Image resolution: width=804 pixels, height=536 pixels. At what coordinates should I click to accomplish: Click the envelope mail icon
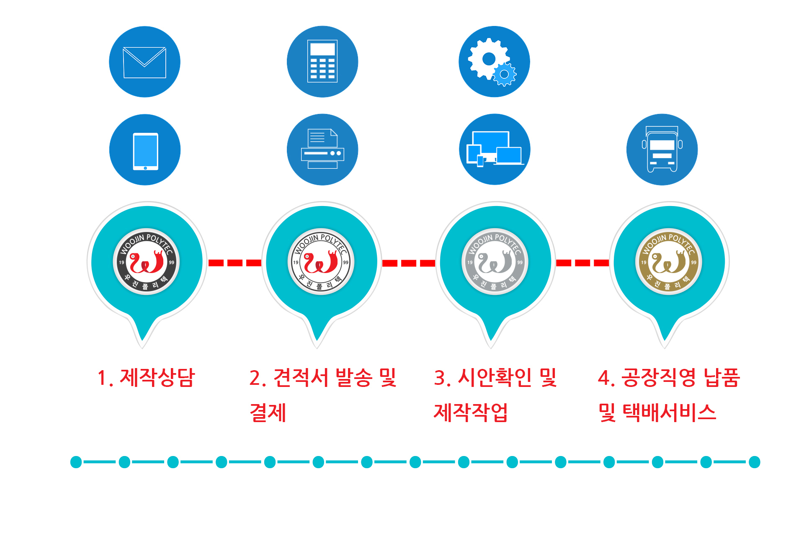pyautogui.click(x=144, y=62)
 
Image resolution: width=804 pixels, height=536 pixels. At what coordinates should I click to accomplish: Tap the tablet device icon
pyautogui.click(x=145, y=149)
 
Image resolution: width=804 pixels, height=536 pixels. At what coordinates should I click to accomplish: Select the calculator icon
pyautogui.click(x=322, y=62)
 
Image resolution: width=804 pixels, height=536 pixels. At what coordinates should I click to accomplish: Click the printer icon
pyautogui.click(x=322, y=149)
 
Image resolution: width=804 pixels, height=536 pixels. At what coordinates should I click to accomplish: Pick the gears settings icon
pyautogui.click(x=494, y=62)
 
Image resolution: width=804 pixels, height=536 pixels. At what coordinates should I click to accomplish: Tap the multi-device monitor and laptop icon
pyautogui.click(x=495, y=149)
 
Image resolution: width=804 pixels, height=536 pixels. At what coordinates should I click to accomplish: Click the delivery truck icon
pyautogui.click(x=662, y=149)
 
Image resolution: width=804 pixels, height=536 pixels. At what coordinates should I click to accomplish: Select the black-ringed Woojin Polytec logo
pyautogui.click(x=146, y=262)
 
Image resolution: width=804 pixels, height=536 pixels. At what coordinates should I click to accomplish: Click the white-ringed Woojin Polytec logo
pyautogui.click(x=321, y=262)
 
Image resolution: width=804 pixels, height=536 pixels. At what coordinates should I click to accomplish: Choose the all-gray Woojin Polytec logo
pyautogui.click(x=495, y=262)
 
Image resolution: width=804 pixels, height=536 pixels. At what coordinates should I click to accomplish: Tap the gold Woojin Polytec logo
pyautogui.click(x=669, y=262)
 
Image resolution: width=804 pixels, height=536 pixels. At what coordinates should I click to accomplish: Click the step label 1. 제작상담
pyautogui.click(x=146, y=378)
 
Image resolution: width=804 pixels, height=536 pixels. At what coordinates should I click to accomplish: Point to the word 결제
pyautogui.click(x=268, y=412)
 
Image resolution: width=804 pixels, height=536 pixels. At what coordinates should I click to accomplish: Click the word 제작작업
pyautogui.click(x=471, y=412)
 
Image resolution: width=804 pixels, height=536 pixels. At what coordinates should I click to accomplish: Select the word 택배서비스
pyautogui.click(x=669, y=412)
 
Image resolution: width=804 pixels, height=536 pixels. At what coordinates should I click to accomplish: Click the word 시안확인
pyautogui.click(x=495, y=378)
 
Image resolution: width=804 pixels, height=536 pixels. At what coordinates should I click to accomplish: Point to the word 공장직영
pyautogui.click(x=659, y=378)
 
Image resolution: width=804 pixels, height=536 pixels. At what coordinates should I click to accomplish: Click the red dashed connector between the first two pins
pyautogui.click(x=235, y=263)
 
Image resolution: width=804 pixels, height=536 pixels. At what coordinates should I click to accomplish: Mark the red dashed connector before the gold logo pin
pyautogui.click(x=582, y=263)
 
